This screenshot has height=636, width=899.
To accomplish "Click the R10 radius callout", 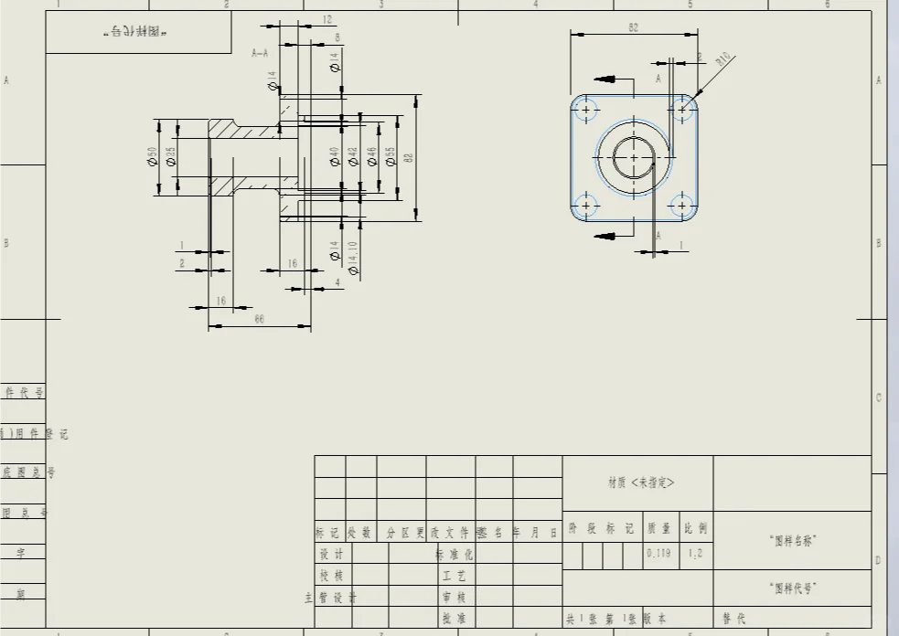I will coord(723,61).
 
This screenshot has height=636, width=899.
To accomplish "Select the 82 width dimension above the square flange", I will coord(633,28).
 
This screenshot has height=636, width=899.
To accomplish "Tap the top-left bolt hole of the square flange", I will coord(585,110).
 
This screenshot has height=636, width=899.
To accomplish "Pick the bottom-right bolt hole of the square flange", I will coord(682,205).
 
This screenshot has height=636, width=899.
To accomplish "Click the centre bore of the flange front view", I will coord(634,157).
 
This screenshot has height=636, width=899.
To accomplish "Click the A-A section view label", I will coord(260,54).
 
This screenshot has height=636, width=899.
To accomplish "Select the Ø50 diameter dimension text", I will coord(152,157).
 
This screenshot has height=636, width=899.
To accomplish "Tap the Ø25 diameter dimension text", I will coord(170,157).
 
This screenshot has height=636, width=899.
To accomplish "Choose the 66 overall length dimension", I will coord(259,318).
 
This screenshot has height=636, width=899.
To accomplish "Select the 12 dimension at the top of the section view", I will coord(327,19).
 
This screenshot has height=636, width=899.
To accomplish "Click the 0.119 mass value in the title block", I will coord(658,553).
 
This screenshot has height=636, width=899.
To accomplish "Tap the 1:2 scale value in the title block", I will coord(695,553).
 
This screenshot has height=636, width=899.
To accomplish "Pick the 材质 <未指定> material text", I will coord(640,482).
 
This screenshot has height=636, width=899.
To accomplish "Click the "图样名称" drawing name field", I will coord(792,541).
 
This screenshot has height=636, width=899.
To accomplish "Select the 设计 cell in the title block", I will coord(330,554).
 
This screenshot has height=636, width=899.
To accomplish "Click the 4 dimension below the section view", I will coord(337,283).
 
